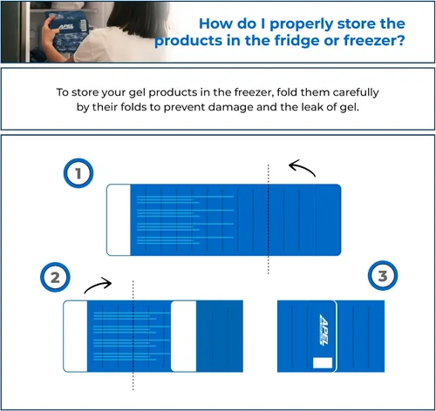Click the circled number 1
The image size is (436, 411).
pyautogui.click(x=78, y=173)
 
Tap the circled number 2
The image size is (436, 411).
pyautogui.click(x=55, y=277)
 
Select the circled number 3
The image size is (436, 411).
pyautogui.click(x=383, y=275)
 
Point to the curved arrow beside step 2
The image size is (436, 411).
pyautogui.click(x=98, y=284)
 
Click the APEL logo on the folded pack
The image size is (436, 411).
pyautogui.click(x=324, y=330)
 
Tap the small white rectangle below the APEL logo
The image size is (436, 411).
pyautogui.click(x=323, y=363)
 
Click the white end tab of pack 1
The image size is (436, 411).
pyautogui.click(x=119, y=219)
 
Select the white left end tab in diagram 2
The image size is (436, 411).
pyautogui.click(x=75, y=336)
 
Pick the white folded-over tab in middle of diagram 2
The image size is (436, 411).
pyautogui.click(x=184, y=336)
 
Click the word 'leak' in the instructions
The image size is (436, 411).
pyautogui.click(x=311, y=107)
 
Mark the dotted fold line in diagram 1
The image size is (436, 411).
pyautogui.click(x=269, y=219)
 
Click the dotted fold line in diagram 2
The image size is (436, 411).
pyautogui.click(x=133, y=335)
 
